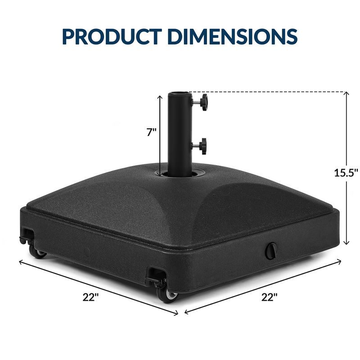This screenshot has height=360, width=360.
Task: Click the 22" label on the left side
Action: [x=90, y=297]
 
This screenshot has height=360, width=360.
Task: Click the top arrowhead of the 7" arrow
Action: [x=160, y=96]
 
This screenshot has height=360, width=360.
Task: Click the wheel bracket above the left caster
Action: [x=27, y=235]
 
